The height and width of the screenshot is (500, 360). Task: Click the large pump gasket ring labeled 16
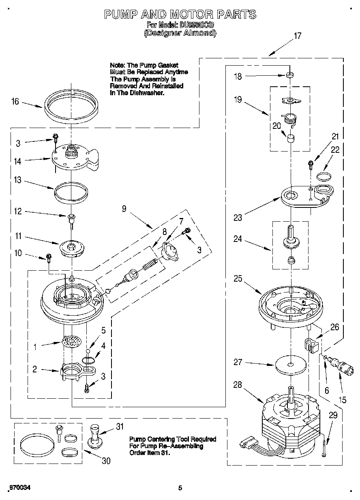click(71, 107)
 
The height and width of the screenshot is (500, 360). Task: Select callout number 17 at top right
click(297, 36)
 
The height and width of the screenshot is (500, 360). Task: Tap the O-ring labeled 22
click(323, 175)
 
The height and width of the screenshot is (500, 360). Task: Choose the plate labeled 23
click(306, 197)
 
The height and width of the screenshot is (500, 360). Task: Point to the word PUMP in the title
click(121, 15)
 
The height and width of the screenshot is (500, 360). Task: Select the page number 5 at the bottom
click(180, 488)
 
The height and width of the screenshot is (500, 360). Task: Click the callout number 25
click(238, 279)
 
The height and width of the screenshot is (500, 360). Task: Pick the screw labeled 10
click(49, 257)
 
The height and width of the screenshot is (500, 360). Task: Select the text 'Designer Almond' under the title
click(180, 33)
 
